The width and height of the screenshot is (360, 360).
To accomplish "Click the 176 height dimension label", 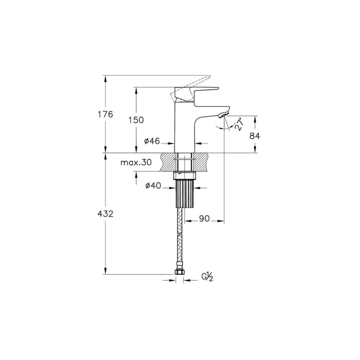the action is (105, 114).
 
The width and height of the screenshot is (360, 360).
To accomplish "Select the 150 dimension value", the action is (136, 120).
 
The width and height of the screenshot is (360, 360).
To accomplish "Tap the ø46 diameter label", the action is (152, 141).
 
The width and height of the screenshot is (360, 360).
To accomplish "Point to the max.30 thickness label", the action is (136, 163).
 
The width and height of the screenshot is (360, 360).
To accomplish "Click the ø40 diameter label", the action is (153, 186).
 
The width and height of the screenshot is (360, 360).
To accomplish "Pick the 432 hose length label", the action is (105, 214).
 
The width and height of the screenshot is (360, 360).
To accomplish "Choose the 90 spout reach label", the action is (204, 219).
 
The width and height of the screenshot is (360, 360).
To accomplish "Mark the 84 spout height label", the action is (255, 136).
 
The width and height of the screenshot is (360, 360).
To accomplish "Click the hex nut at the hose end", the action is (179, 272).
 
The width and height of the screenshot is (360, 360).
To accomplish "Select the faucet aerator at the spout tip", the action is (224, 115).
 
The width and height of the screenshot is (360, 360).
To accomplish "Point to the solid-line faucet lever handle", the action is (196, 94).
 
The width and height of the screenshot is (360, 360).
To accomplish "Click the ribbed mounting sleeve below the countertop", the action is (185, 194).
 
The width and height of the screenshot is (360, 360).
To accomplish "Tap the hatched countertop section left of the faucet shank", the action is (168, 162).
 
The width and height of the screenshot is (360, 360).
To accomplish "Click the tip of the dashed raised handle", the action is (210, 76).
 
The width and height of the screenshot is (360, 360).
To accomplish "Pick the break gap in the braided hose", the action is (180, 233).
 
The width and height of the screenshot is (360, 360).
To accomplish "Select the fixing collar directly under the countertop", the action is (185, 176).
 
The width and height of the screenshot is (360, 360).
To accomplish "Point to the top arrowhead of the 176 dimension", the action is (105, 79).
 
